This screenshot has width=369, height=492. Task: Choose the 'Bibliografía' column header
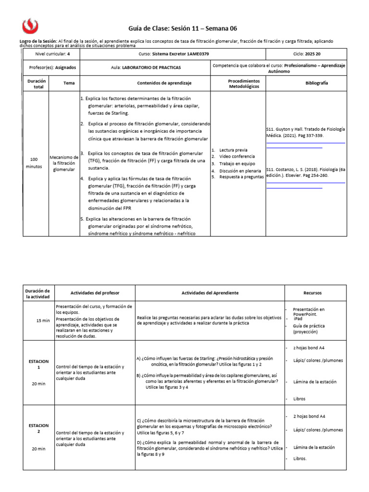[x=317, y=83]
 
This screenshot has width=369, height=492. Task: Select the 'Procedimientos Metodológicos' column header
[x=244, y=84]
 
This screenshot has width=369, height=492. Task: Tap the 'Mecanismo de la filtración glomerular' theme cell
[x=64, y=163]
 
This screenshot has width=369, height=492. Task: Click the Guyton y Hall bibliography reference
[x=305, y=133]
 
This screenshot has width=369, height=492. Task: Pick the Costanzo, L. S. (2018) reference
[x=305, y=172]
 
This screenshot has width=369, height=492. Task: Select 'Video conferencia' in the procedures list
[x=237, y=157]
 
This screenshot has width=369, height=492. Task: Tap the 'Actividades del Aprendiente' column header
[x=209, y=293]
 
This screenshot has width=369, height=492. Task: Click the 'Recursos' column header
[x=312, y=293]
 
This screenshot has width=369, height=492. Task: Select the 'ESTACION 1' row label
[x=38, y=364]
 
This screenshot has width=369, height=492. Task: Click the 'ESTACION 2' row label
[x=38, y=429]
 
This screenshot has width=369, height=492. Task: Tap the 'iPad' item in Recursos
[x=298, y=319]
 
